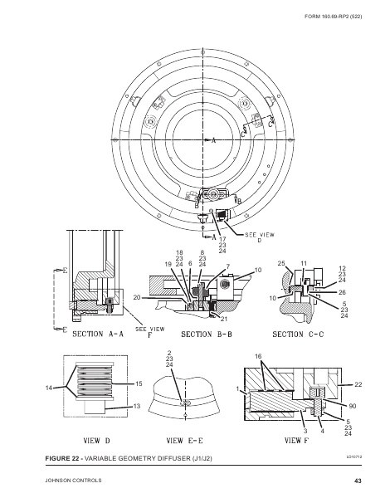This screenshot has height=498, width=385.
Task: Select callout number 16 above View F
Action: point(258,356)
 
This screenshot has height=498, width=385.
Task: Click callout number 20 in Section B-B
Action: point(136,297)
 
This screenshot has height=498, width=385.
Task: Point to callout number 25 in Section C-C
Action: point(281,263)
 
